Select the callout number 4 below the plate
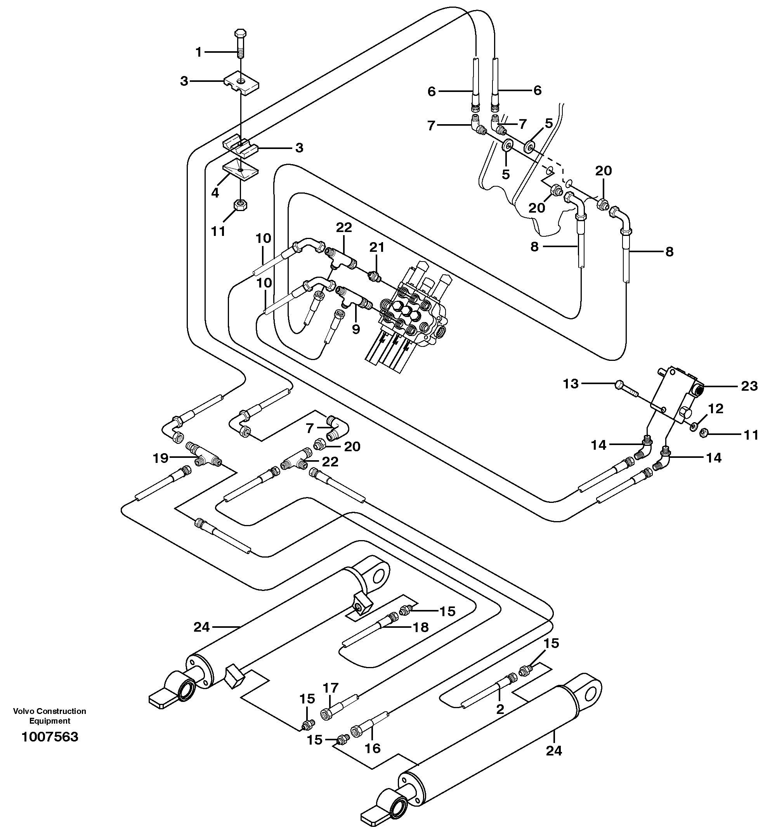click(x=215, y=193)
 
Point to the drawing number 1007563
click(x=50, y=737)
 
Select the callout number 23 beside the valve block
click(x=749, y=386)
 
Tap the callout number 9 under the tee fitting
click(x=356, y=329)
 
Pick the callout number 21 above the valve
click(x=377, y=248)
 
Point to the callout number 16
click(x=373, y=748)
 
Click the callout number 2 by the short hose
click(x=500, y=709)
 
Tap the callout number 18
click(x=421, y=627)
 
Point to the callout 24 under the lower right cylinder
click(x=554, y=750)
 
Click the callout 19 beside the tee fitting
click(x=160, y=458)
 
